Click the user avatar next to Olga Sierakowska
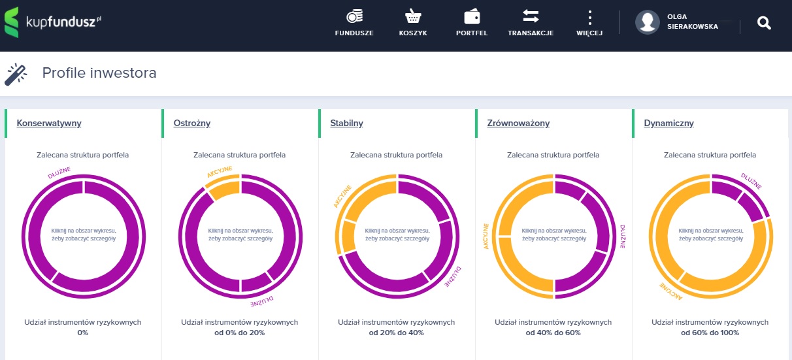[x=648, y=22]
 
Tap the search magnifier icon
[x=764, y=23]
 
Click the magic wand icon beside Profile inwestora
[x=16, y=74]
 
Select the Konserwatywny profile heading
[x=49, y=123]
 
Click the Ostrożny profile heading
[x=192, y=123]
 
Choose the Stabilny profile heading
[x=347, y=123]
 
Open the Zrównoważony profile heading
[x=518, y=123]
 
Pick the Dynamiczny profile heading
[x=668, y=123]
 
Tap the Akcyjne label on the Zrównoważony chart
[x=486, y=236]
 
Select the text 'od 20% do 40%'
[x=397, y=333]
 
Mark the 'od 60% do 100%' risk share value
[x=710, y=333]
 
